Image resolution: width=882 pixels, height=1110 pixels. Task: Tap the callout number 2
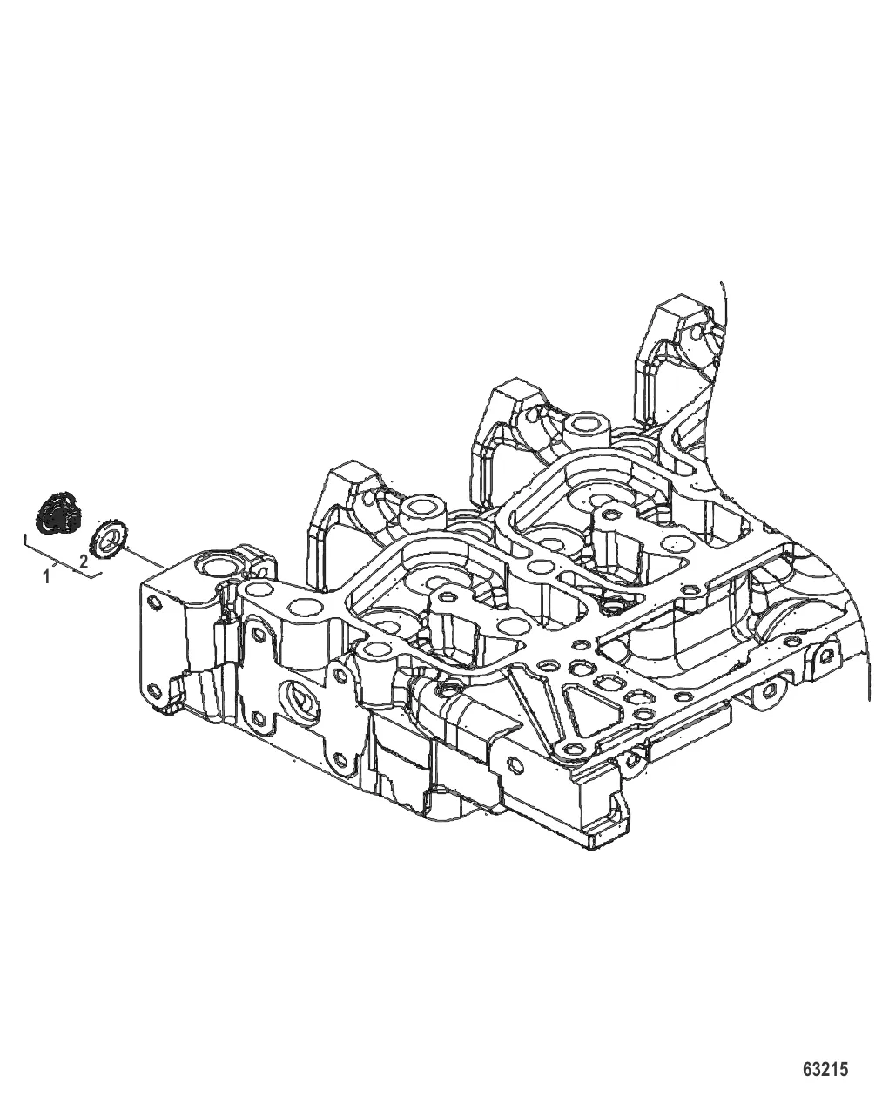tap(84, 561)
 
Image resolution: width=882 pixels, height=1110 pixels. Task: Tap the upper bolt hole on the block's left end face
tap(152, 602)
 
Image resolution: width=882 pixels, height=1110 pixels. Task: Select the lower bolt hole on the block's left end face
tap(152, 690)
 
